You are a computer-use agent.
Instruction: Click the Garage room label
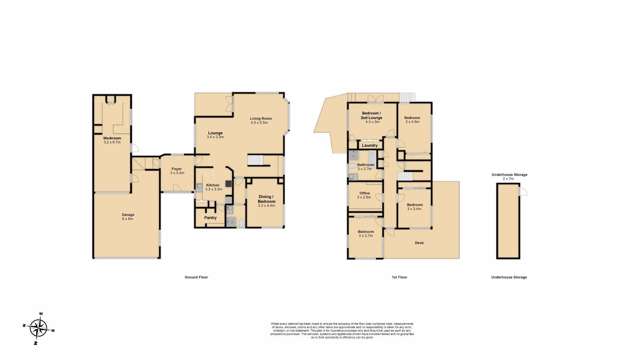[x=127, y=217]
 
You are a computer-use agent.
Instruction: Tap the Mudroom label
[x=112, y=141]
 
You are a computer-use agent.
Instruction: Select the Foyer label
[x=177, y=171]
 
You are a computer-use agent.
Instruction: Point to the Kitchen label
[x=212, y=185]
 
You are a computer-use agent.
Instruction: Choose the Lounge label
[x=215, y=133]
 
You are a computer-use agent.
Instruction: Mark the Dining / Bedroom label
[x=266, y=201]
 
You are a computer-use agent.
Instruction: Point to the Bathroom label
[x=365, y=165]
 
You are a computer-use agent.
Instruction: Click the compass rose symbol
[x=38, y=328]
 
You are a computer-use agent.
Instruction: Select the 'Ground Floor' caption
[x=197, y=276]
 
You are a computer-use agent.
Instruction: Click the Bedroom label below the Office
[x=365, y=233]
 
